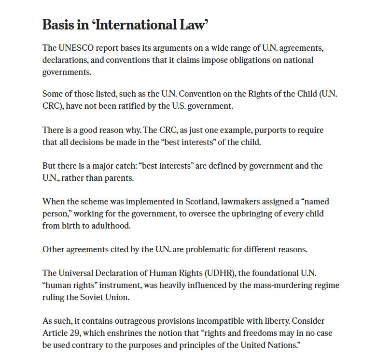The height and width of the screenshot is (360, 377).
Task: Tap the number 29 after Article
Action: click(71, 333)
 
